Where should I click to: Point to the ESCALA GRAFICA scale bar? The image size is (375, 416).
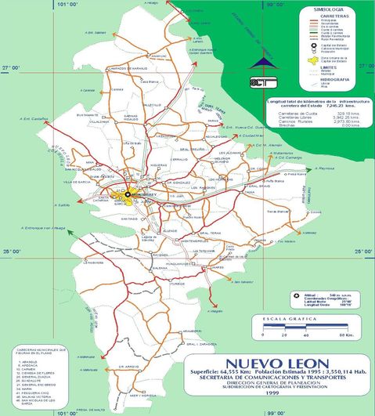click(297, 330)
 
